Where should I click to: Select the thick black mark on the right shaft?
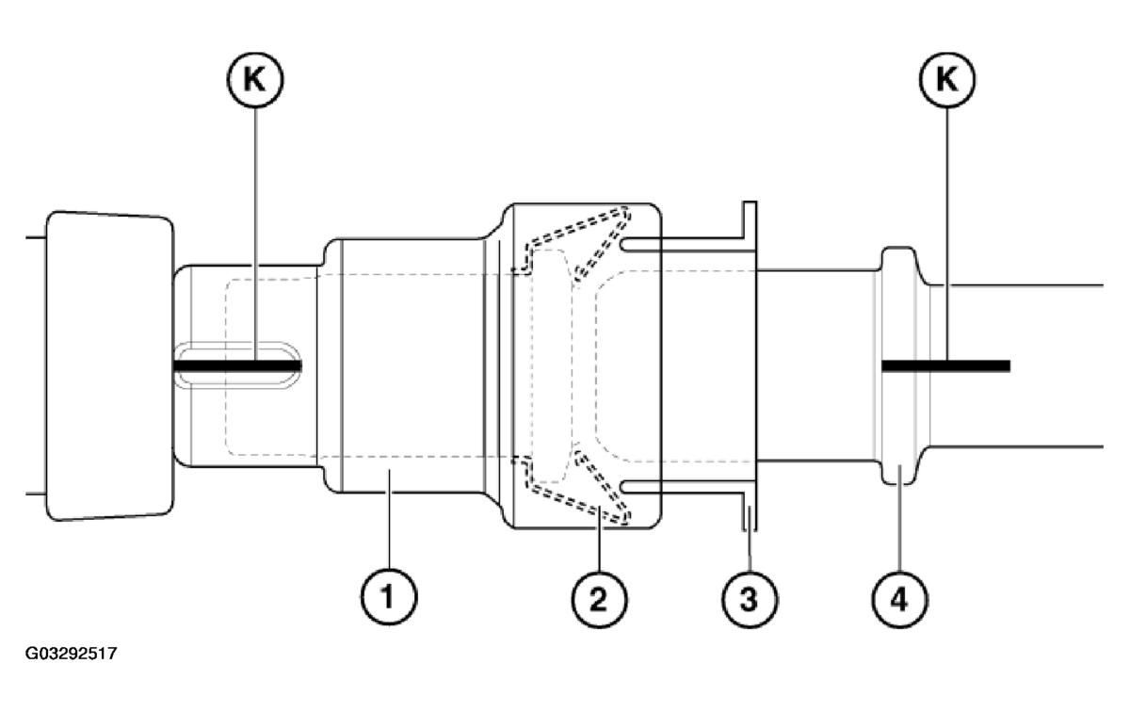click(944, 364)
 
